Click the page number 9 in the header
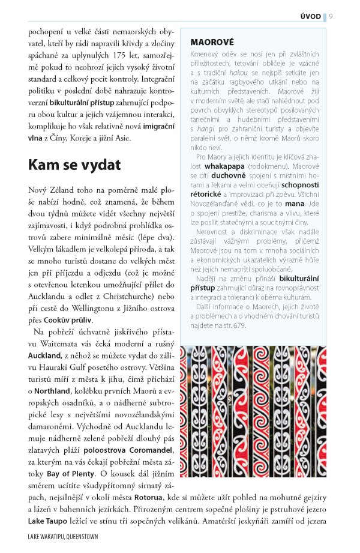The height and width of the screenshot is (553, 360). click(331, 16)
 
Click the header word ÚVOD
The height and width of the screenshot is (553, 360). click(311, 16)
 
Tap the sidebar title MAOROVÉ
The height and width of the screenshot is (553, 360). click(212, 43)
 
